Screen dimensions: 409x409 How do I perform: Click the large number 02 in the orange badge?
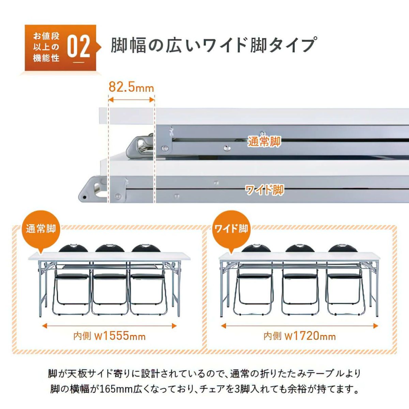(x=79, y=47)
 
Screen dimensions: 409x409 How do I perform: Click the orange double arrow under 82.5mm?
(x=131, y=100)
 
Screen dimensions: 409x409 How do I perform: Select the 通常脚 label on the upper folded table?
(x=264, y=142)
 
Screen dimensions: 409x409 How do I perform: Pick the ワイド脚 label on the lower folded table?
(x=264, y=190)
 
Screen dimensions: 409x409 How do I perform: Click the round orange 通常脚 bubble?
(x=41, y=230)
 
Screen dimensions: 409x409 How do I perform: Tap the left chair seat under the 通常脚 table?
(x=73, y=276)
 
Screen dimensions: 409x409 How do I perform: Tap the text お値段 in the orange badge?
(x=46, y=36)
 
